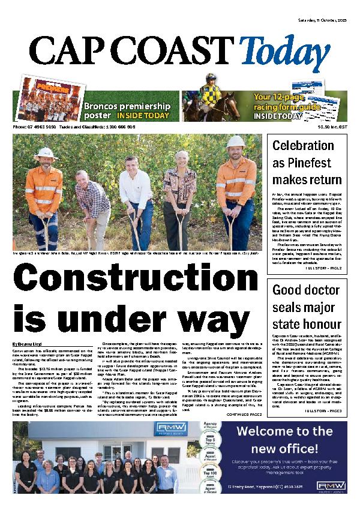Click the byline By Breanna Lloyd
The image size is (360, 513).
point(28,343)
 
